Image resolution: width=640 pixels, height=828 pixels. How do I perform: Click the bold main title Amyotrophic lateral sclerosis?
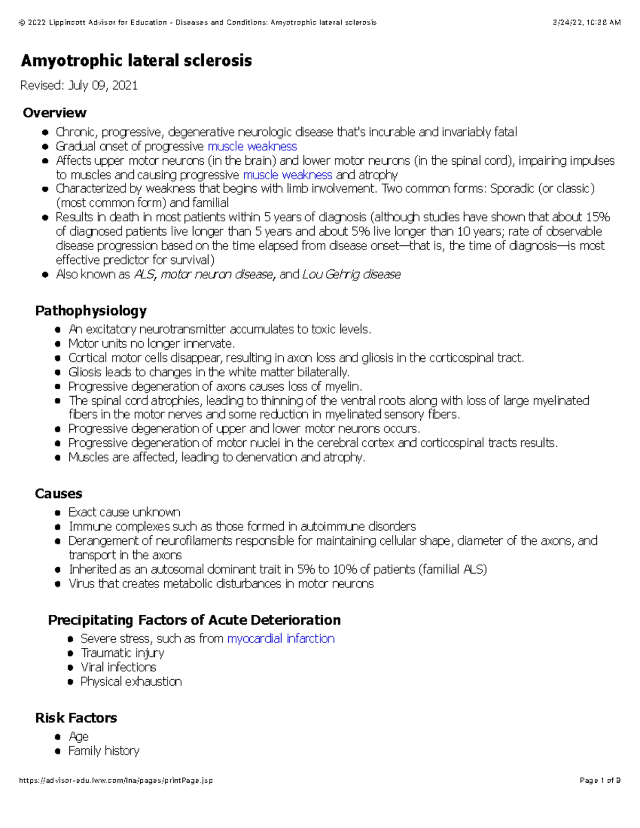pos(136,61)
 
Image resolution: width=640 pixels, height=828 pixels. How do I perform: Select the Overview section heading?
pos(54,112)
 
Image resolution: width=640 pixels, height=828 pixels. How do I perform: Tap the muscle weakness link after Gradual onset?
pos(252,147)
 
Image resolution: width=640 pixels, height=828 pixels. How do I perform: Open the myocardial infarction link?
pos(281,639)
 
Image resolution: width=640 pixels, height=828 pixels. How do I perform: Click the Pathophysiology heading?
pos(91,311)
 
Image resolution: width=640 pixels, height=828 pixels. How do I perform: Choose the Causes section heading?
pos(59,494)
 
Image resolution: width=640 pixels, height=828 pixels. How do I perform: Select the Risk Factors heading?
pos(76,718)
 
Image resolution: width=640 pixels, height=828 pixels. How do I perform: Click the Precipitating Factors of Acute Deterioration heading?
pos(194,620)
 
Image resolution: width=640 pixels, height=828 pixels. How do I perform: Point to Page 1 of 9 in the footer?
pos(599,781)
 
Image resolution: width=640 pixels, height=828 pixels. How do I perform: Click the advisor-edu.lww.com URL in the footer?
pos(116,781)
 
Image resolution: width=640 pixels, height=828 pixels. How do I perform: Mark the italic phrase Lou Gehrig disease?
pos(351,275)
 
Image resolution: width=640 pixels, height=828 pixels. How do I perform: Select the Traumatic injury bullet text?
pos(122,653)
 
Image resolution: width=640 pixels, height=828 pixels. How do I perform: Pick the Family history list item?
pos(103,751)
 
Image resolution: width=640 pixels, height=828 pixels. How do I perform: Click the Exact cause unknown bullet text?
pos(124,512)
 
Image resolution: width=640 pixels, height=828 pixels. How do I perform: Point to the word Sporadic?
pos(512,189)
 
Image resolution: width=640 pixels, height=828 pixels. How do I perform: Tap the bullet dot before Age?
pos(58,737)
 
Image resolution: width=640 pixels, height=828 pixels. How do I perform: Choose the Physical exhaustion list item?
pos(131,682)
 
